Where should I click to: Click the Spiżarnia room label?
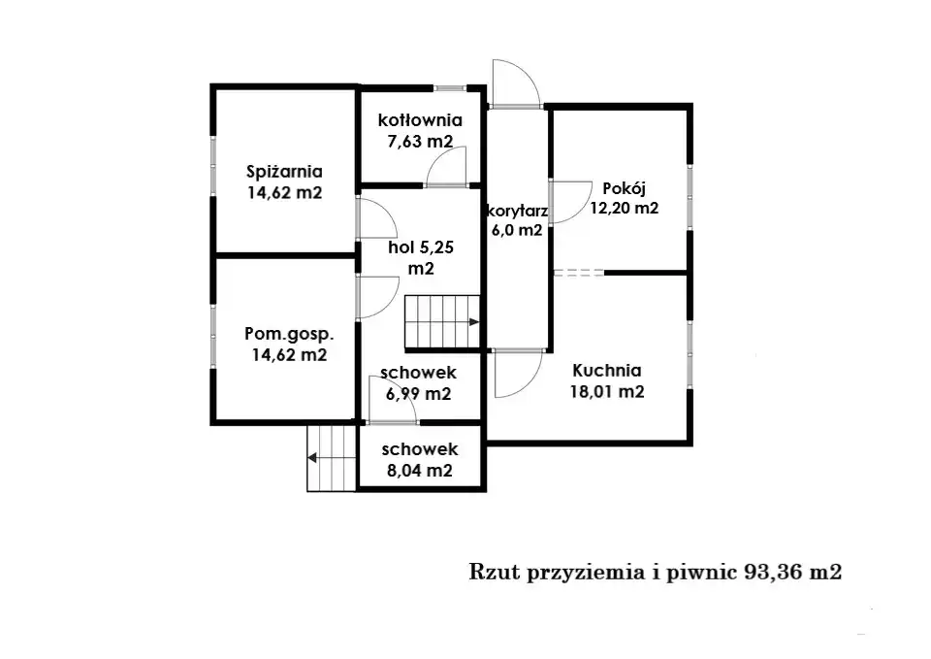pyautogui.click(x=284, y=172)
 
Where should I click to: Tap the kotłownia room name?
pyautogui.click(x=420, y=120)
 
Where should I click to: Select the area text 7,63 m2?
pyautogui.click(x=420, y=142)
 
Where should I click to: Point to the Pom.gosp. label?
pyautogui.click(x=289, y=334)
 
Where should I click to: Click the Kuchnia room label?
pyautogui.click(x=607, y=370)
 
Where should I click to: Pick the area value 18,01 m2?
pyautogui.click(x=607, y=391)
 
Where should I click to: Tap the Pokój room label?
pyautogui.click(x=624, y=188)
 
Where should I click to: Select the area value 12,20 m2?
pyautogui.click(x=624, y=208)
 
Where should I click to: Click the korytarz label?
pyautogui.click(x=517, y=211)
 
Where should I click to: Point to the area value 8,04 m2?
pyautogui.click(x=420, y=471)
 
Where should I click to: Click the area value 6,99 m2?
pyautogui.click(x=419, y=394)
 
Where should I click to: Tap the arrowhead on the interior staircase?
pyautogui.click(x=474, y=322)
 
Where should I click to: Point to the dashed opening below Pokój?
pyautogui.click(x=579, y=273)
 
